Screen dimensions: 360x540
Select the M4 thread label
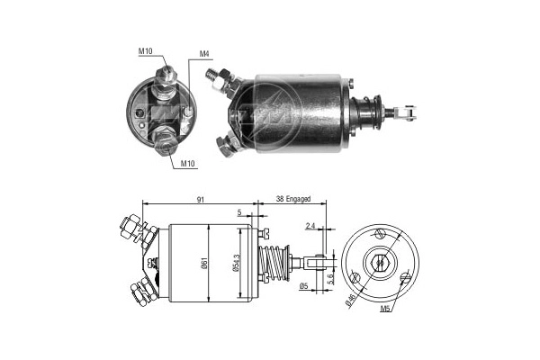pyautogui.click(x=204, y=55)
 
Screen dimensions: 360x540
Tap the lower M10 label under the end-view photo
pyautogui.click(x=188, y=164)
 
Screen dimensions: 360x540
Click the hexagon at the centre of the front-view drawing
pyautogui.click(x=382, y=264)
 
